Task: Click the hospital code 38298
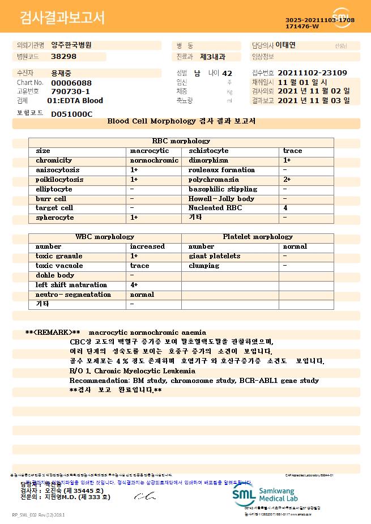tap(63, 57)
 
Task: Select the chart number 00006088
tap(71, 83)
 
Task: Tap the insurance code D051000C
tap(71, 114)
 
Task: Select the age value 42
tap(227, 73)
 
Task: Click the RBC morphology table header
tap(181, 141)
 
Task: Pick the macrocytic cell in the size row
tap(150, 151)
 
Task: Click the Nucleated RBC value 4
tap(285, 208)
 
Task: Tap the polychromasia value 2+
tap(287, 180)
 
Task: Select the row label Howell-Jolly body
tap(221, 199)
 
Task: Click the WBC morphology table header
tap(105, 237)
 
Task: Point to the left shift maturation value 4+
tap(134, 285)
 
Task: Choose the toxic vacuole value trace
tap(140, 266)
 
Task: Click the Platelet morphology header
tap(258, 237)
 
